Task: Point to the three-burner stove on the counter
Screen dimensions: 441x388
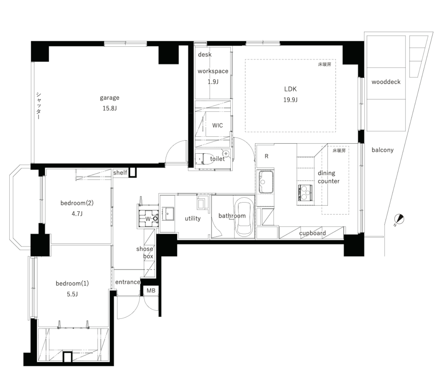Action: point(305,193)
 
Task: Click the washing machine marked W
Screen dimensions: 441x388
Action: point(148,218)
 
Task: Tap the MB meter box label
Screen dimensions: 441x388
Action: point(151,291)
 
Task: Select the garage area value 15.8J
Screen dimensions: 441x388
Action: point(109,108)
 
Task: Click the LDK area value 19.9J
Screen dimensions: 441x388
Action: point(290,100)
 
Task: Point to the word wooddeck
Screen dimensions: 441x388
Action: point(386,82)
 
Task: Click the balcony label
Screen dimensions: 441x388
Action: point(382,150)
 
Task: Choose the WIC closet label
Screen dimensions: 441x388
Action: point(217,125)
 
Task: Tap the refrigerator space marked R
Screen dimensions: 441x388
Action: point(266,156)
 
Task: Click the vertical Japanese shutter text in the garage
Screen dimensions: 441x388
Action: point(38,106)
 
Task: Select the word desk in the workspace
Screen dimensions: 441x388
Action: point(204,54)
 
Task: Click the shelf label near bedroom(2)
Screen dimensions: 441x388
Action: point(120,173)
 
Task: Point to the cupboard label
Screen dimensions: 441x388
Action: point(312,233)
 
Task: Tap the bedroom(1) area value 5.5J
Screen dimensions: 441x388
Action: point(72,294)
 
